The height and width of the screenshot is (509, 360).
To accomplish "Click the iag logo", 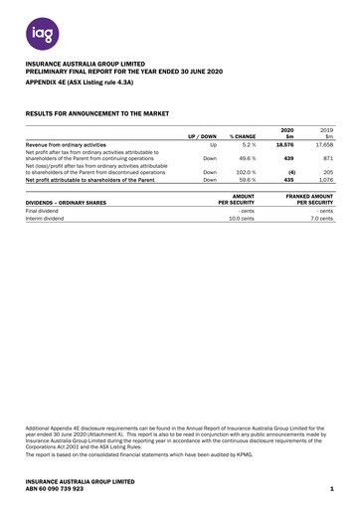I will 37,34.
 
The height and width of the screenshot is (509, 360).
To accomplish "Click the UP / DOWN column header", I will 202,135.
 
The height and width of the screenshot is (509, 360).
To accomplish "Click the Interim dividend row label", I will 47,219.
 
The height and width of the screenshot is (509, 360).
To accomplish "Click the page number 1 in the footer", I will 329,489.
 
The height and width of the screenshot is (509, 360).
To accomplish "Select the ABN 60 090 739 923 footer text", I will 55,489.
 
